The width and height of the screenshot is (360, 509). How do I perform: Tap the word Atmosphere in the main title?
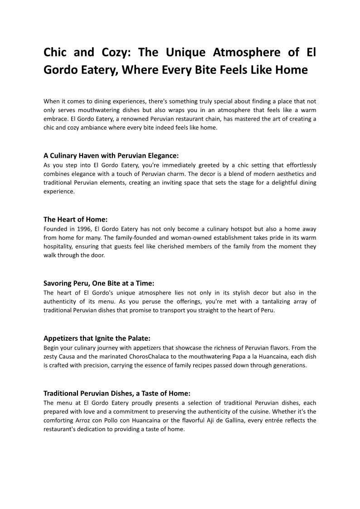pyautogui.click(x=246, y=53)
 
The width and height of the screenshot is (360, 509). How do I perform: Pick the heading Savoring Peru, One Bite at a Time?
pyautogui.click(x=99, y=283)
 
